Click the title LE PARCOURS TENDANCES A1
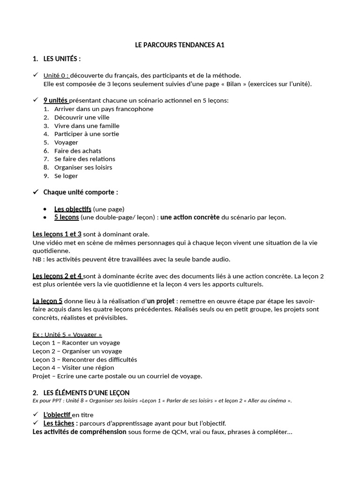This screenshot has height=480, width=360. pyautogui.click(x=180, y=45)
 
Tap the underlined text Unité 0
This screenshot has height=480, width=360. pyautogui.click(x=56, y=75)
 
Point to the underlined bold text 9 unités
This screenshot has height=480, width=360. pyautogui.click(x=56, y=100)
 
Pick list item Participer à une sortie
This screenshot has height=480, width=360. pyautogui.click(x=87, y=134)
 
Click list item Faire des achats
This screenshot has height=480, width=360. pyautogui.click(x=77, y=150)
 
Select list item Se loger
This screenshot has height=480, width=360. pyautogui.click(x=66, y=176)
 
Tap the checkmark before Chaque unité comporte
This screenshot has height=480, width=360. pyautogui.click(x=36, y=192)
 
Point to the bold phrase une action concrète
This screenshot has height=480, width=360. pyautogui.click(x=190, y=217)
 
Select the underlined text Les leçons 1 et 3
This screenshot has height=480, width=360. pyautogui.click(x=57, y=234)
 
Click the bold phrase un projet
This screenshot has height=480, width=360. pyautogui.click(x=161, y=301)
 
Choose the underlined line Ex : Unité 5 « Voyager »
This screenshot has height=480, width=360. pyautogui.click(x=67, y=335)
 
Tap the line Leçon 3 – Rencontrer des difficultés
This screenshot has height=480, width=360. pyautogui.click(x=85, y=360)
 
